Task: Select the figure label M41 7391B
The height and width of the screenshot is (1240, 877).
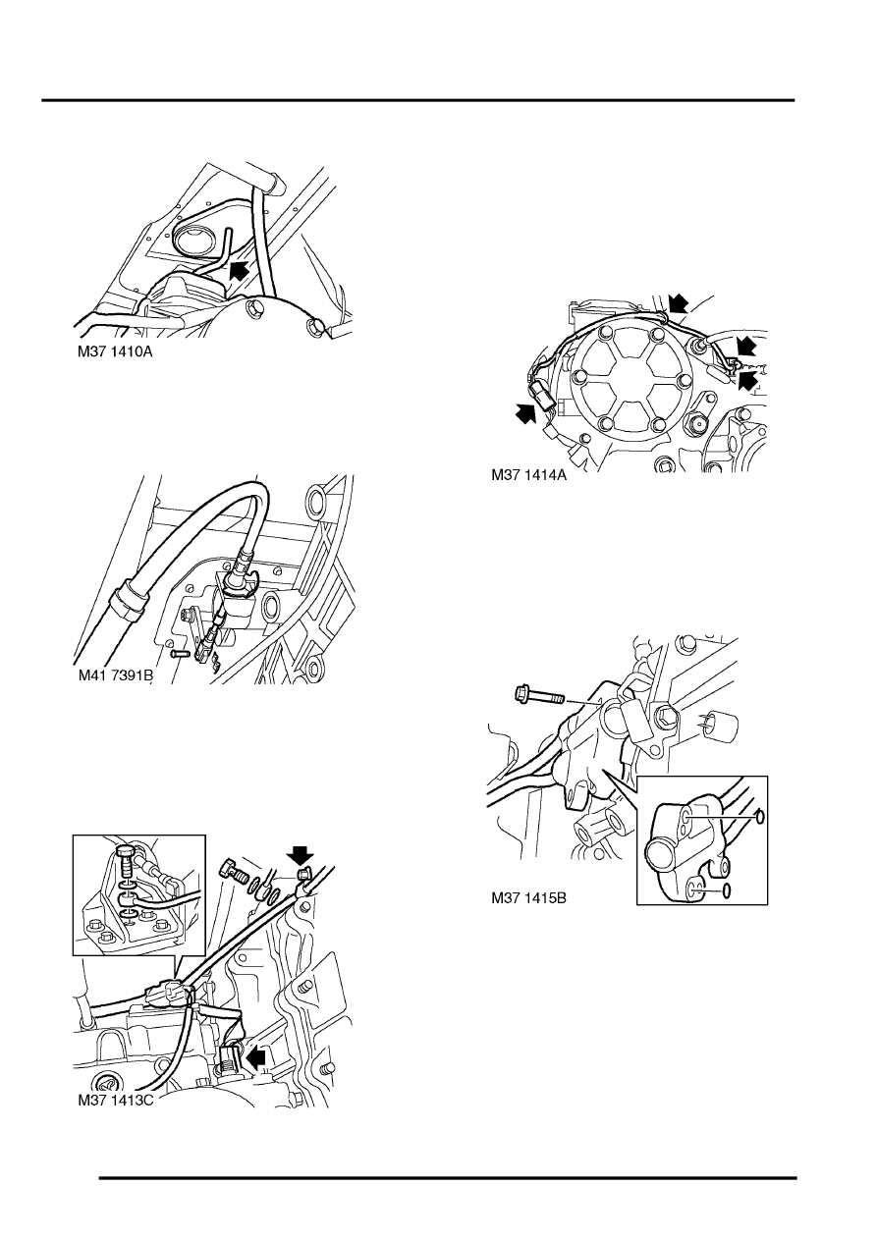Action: (115, 675)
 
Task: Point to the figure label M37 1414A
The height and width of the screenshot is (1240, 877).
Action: (529, 475)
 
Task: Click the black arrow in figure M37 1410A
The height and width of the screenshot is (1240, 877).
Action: (239, 271)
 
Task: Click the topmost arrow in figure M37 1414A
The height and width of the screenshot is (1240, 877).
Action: (678, 304)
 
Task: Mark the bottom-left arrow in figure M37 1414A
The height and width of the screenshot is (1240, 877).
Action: (525, 412)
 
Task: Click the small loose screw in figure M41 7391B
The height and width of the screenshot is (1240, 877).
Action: (181, 654)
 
